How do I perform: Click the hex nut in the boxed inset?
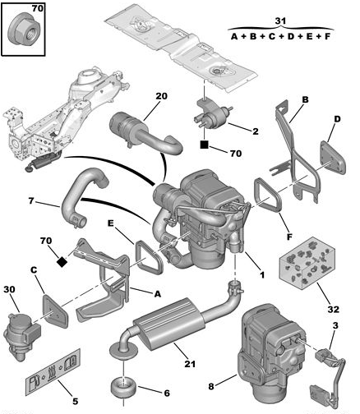[x=25, y=32]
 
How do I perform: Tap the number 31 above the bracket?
[x=280, y=21]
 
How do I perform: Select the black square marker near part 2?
[x=204, y=145]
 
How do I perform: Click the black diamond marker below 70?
[x=62, y=262]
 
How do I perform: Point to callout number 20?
[x=162, y=96]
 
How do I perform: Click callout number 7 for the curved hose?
[x=31, y=201]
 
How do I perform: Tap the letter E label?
[x=110, y=223]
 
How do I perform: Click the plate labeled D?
[x=333, y=158]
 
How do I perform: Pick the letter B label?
[x=305, y=99]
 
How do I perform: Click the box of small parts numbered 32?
[x=307, y=262]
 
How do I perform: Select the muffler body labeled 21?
[x=169, y=322]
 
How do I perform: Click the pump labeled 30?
[x=22, y=336]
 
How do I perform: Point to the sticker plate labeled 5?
[x=53, y=372]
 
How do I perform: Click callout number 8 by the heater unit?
[x=211, y=386]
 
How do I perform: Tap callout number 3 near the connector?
[x=335, y=325]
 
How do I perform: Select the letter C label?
[x=34, y=270]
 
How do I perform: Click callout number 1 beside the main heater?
[x=262, y=274]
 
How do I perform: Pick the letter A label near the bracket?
[x=157, y=294]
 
